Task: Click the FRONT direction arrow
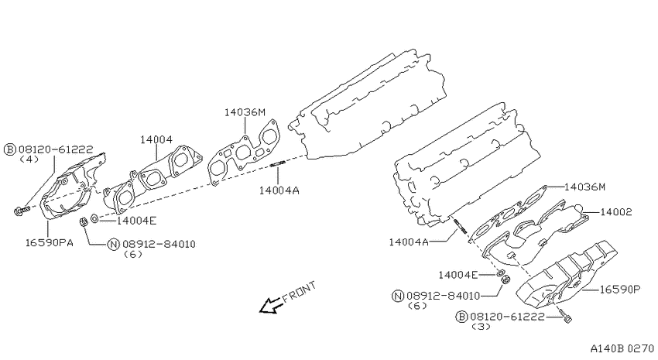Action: [x=271, y=306]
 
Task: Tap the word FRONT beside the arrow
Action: [x=300, y=292]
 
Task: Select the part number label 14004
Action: [x=156, y=139]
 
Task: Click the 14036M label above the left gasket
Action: [x=245, y=112]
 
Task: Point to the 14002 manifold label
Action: [x=615, y=212]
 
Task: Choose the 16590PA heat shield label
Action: [x=49, y=242]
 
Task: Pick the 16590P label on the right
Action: [x=619, y=289]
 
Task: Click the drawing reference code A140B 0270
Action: [x=622, y=348]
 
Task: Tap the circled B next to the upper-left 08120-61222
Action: [x=10, y=149]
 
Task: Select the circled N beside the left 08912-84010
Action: [x=114, y=244]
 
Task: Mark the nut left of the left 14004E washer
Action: [x=84, y=221]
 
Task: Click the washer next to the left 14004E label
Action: [x=95, y=218]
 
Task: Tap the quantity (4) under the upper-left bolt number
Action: [x=29, y=159]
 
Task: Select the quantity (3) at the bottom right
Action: [x=481, y=327]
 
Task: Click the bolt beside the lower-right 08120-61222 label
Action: [x=565, y=315]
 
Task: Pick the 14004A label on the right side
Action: [x=409, y=242]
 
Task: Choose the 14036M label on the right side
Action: [x=585, y=187]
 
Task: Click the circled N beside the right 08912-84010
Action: [x=397, y=296]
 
